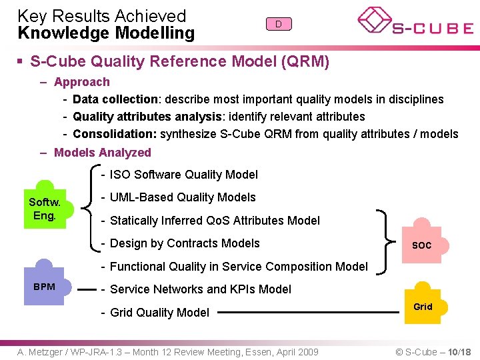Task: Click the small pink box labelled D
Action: pos(279,24)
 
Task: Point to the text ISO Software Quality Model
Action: pos(183,175)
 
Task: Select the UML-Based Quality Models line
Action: pos(182,197)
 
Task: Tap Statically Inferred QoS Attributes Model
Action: pos(214,221)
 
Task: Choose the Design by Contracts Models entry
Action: pos(184,243)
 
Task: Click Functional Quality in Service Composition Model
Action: pos(238,267)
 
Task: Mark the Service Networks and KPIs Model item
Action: pos(200,289)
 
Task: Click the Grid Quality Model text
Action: pos(159,313)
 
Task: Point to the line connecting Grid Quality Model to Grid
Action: pos(307,312)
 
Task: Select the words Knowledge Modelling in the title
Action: pos(106,33)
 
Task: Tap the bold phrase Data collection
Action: pos(115,99)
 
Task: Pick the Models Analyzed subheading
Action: pos(102,153)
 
